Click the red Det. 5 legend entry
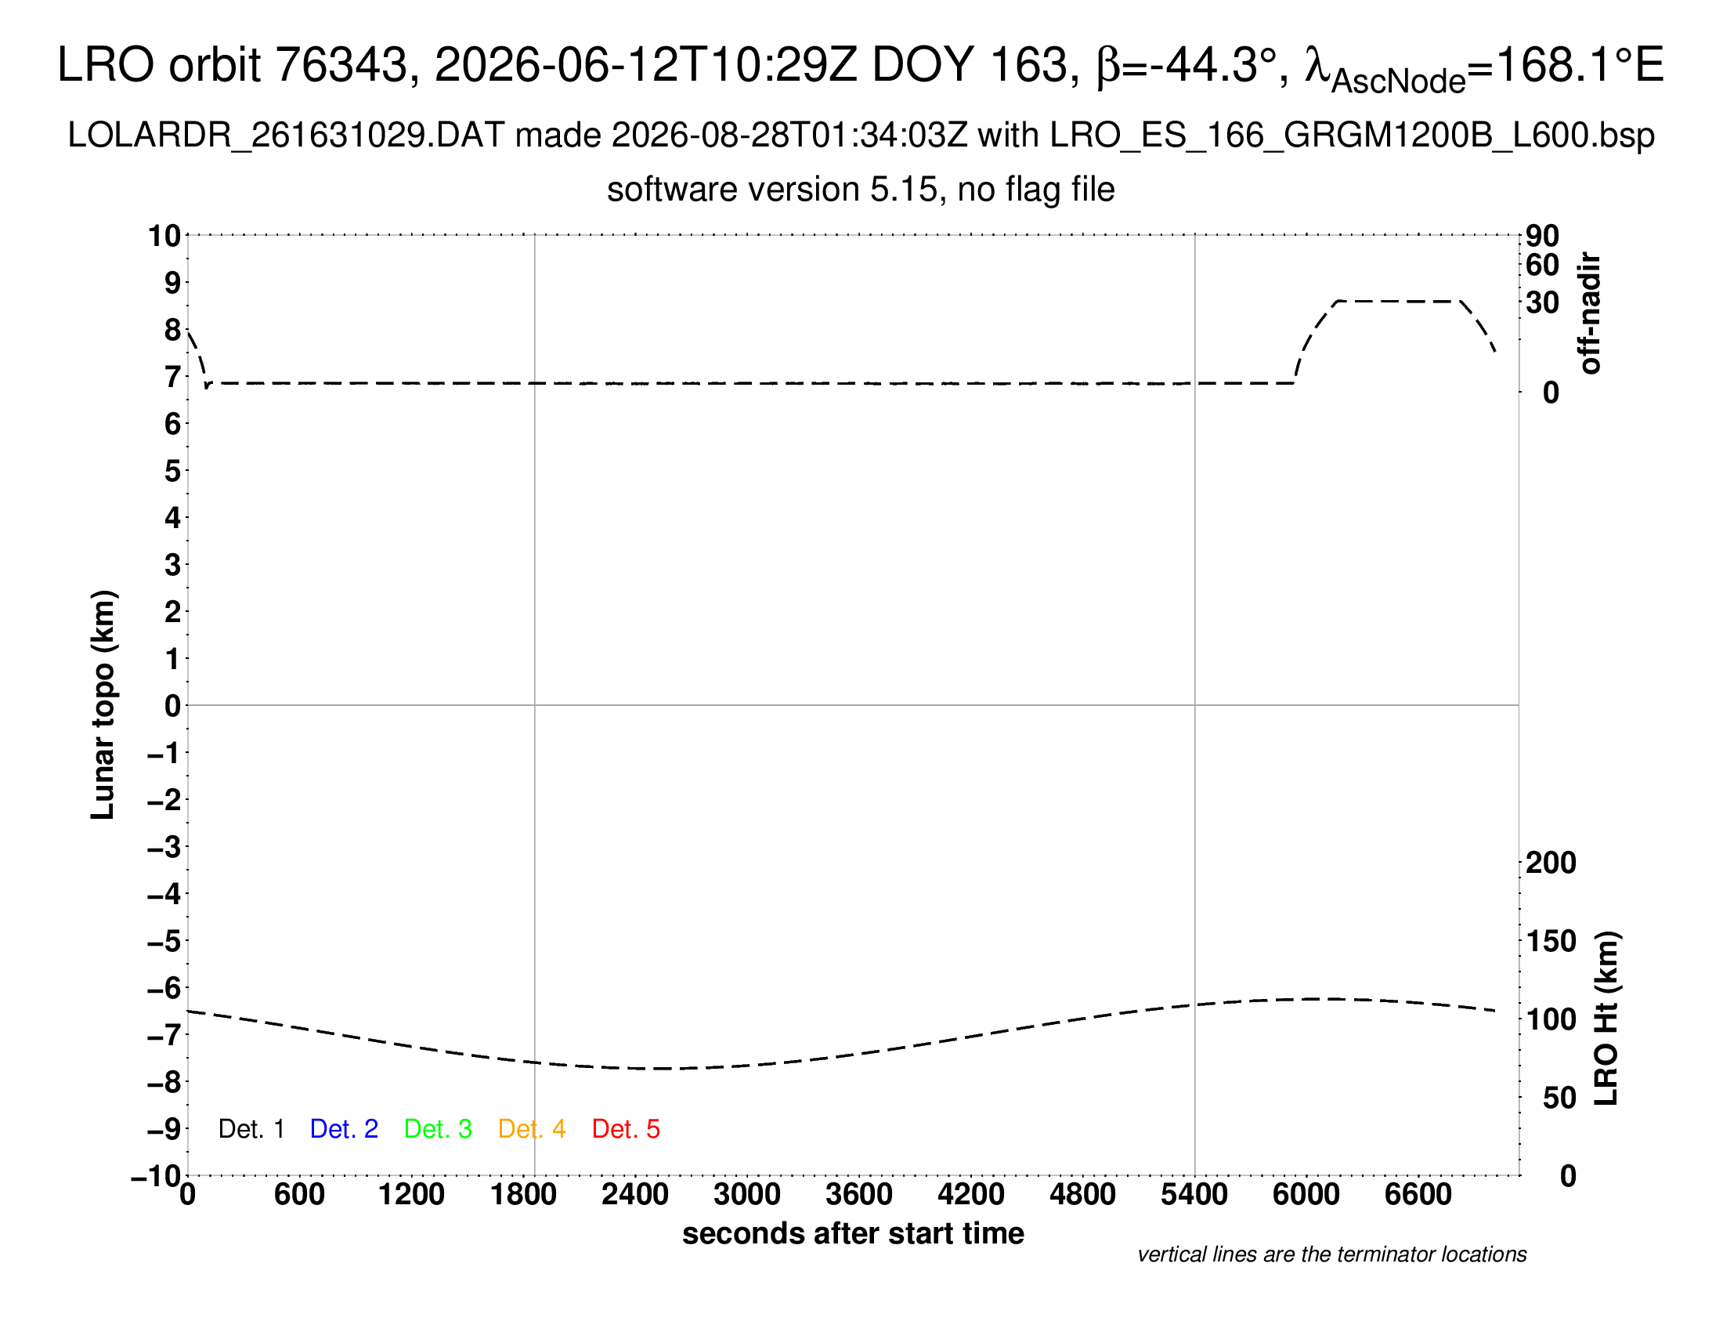pos(626,1129)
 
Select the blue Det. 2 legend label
pos(344,1129)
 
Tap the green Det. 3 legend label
pos(438,1129)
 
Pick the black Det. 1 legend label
pos(251,1129)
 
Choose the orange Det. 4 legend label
pos(532,1129)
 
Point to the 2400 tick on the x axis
pos(635,1195)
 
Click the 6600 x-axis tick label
pos(1418,1195)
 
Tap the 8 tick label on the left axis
pos(173,330)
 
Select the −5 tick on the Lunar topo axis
pos(164,940)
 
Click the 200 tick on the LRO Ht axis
pos(1551,863)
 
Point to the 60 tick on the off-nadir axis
pos(1542,265)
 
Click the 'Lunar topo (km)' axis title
pos(103,704)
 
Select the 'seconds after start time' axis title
pos(853,1233)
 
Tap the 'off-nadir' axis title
pos(1591,313)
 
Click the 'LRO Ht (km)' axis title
pos(1607,1019)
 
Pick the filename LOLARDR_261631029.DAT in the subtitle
pos(286,136)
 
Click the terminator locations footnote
pos(1331,1254)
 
